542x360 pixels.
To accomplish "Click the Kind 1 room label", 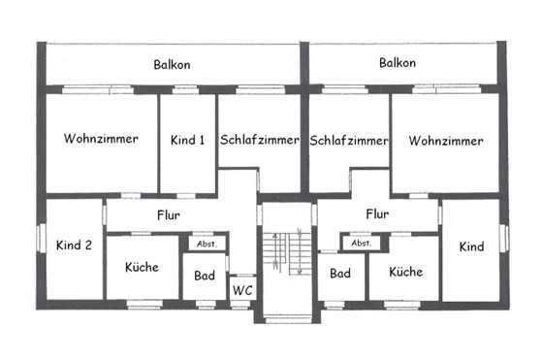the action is (x=187, y=140).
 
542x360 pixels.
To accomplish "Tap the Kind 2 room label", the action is (x=74, y=245).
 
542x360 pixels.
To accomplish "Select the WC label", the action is (x=242, y=290).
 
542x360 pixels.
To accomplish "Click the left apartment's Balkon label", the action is (x=172, y=65).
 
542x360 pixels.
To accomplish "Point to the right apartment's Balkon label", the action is (x=398, y=63).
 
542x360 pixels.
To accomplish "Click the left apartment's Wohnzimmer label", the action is (x=101, y=139).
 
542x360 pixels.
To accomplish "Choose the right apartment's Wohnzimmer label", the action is (x=446, y=141).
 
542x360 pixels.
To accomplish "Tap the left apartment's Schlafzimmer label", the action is (x=260, y=140).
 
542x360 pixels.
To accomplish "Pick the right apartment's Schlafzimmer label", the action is (x=349, y=141).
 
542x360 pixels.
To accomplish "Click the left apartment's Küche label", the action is (x=142, y=267).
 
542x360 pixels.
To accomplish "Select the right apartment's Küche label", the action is (x=406, y=272).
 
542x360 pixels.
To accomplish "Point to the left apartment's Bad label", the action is (x=205, y=276).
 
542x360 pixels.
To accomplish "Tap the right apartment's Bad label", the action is (x=340, y=274).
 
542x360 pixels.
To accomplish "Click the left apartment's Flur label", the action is (x=169, y=215).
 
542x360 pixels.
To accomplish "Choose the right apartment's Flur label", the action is (x=377, y=214).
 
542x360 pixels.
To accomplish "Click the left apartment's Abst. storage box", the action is (x=207, y=244).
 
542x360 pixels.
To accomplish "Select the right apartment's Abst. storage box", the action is (x=362, y=243).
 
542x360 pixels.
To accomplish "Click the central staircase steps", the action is (x=287, y=252).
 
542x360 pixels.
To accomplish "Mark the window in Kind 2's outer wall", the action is (x=42, y=239).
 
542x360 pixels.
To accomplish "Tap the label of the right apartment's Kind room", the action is (x=471, y=246).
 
